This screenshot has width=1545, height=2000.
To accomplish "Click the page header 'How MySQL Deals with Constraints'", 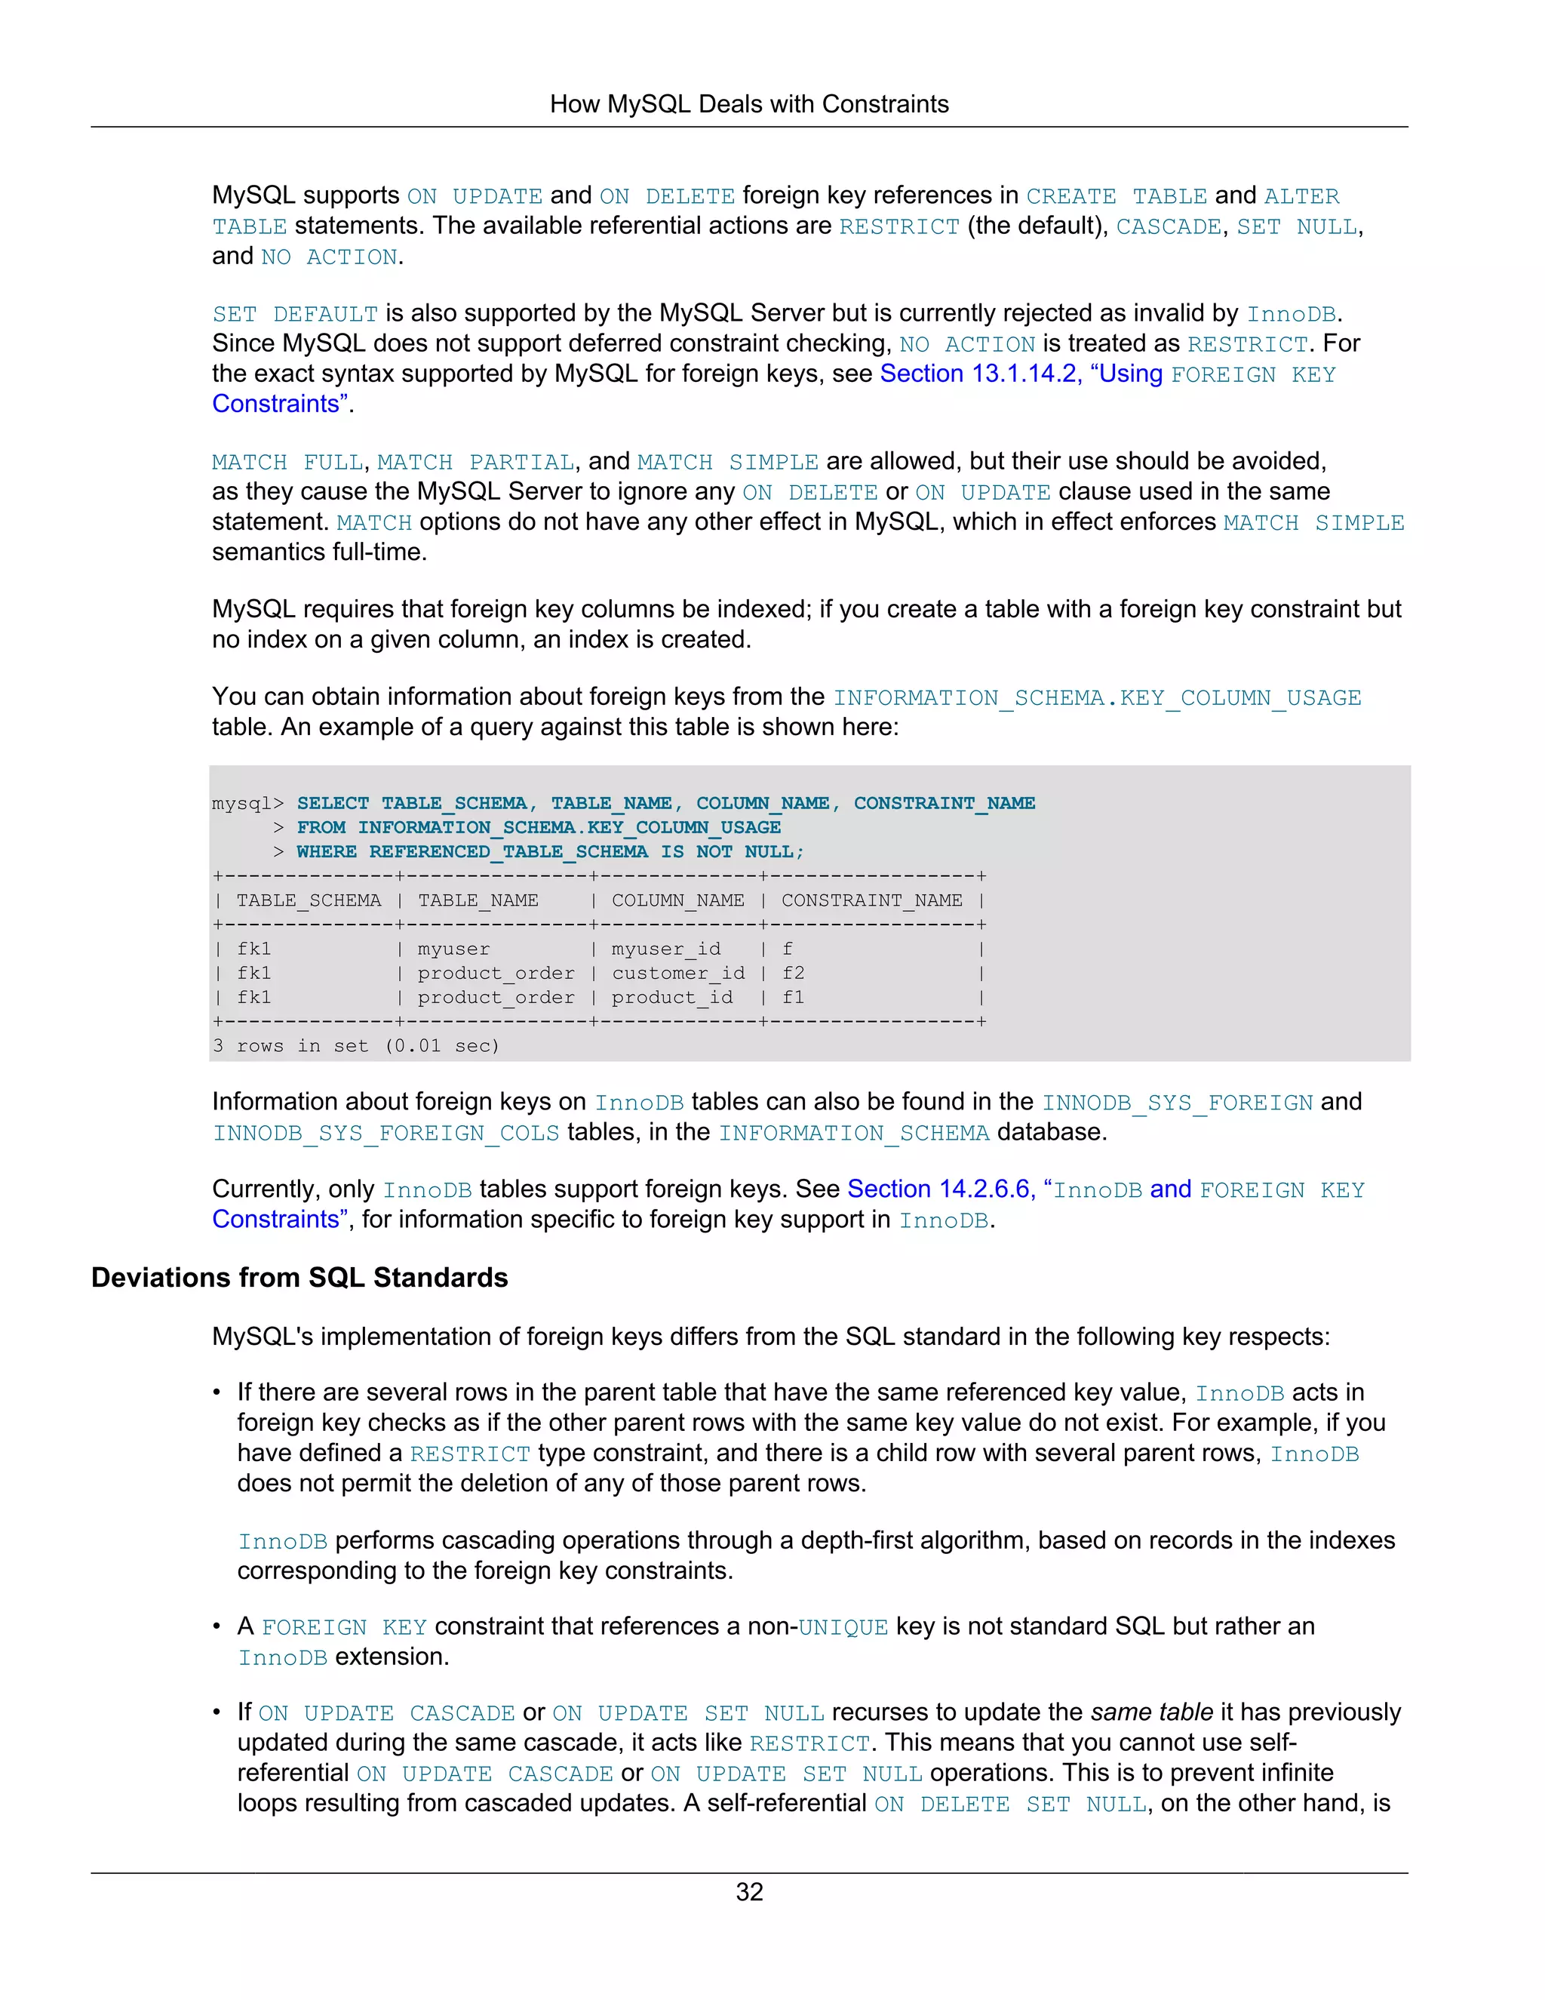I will pos(748,104).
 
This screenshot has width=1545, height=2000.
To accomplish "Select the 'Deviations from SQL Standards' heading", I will pos(299,1278).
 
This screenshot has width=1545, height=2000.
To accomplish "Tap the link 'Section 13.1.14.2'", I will pos(979,374).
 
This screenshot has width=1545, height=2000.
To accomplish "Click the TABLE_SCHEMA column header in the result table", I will pos(309,900).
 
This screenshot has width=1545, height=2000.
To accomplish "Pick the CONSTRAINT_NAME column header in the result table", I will pos(871,900).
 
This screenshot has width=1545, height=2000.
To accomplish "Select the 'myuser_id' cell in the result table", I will pos(666,949).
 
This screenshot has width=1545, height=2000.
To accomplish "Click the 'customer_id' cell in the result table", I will pos(678,973).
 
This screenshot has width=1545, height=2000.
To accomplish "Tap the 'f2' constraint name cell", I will pos(793,973).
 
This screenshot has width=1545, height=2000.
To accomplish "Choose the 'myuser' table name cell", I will pos(454,949).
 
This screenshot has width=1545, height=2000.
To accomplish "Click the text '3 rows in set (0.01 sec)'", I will pos(356,1046).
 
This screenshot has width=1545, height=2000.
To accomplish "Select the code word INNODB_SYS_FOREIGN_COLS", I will pos(386,1133).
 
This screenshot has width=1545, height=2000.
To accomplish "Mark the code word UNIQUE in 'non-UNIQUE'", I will pos(843,1627).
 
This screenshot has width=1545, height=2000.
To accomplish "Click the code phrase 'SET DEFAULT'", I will pos(295,314).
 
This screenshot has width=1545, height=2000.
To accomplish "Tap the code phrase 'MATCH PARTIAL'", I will pos(476,463).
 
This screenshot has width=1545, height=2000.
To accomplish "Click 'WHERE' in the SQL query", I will pos(327,851).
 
